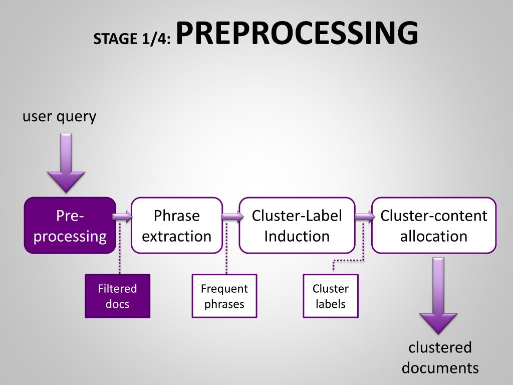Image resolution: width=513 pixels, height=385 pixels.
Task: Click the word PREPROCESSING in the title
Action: [297, 34]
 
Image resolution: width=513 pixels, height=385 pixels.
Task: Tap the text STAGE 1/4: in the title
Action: [132, 39]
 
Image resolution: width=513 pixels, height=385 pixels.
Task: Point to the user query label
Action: [59, 117]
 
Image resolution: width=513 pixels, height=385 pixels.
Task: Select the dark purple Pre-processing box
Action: [70, 226]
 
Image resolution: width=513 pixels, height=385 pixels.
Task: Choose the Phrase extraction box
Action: [177, 226]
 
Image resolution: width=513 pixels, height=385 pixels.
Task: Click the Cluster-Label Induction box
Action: [297, 226]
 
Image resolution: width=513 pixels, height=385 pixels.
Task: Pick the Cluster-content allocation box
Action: [434, 226]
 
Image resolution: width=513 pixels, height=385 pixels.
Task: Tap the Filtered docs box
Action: [117, 296]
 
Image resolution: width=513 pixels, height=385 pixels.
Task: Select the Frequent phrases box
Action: [224, 296]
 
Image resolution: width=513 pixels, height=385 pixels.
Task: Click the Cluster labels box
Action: [331, 296]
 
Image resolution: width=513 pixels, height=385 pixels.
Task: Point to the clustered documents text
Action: [440, 358]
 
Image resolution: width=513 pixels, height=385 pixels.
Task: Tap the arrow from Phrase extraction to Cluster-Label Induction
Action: [230, 217]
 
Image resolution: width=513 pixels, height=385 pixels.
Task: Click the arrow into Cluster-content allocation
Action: [364, 217]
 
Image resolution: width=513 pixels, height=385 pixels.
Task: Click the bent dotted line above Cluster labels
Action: [351, 260]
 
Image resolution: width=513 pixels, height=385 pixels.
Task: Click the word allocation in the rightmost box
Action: [434, 236]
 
